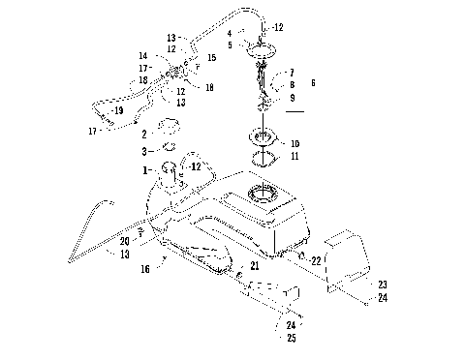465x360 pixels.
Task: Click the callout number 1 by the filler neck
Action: [146, 170]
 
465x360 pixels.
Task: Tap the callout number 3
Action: [145, 152]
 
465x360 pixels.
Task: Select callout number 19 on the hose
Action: [118, 111]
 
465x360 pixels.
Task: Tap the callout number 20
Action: [123, 241]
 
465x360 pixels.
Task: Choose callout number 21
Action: [254, 265]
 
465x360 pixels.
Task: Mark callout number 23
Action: [381, 284]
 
